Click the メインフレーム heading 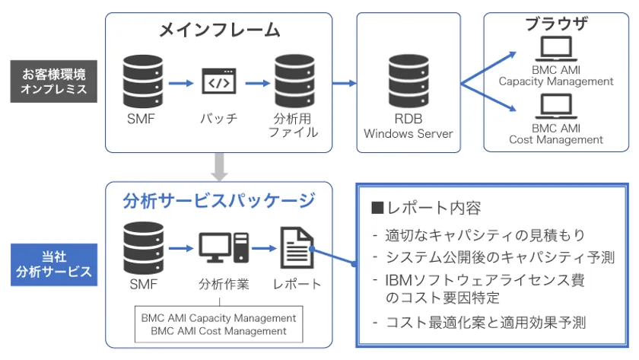[219, 30]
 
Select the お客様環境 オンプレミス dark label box [53, 81]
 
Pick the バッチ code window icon [219, 81]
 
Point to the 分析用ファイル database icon [293, 81]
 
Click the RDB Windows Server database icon [408, 81]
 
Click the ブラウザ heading [556, 24]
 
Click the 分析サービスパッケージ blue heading [219, 202]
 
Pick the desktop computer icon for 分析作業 [223, 247]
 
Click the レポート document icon [297, 247]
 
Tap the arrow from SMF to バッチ [181, 81]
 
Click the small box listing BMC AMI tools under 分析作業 [218, 324]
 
